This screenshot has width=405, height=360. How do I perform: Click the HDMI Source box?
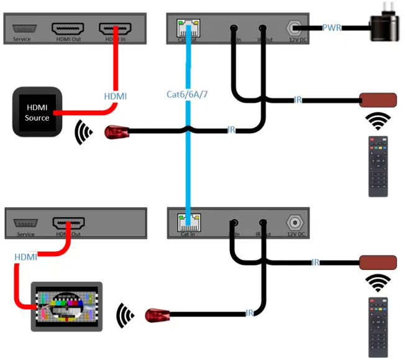37,112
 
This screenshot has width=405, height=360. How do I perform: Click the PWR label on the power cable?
331,28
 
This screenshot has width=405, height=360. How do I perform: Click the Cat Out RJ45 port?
187,27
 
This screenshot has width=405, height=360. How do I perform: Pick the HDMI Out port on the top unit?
67,29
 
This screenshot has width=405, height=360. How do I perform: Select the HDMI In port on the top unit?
116,29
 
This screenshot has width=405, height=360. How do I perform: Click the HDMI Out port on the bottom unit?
68,223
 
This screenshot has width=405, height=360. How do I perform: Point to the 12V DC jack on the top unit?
294,28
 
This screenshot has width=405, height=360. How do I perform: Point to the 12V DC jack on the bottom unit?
294,222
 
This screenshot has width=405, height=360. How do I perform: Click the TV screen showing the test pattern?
67,306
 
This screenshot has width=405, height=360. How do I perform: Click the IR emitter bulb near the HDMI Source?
116,132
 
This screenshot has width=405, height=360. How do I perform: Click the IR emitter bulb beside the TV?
157,315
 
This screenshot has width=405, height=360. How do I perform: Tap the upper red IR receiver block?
378,100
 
